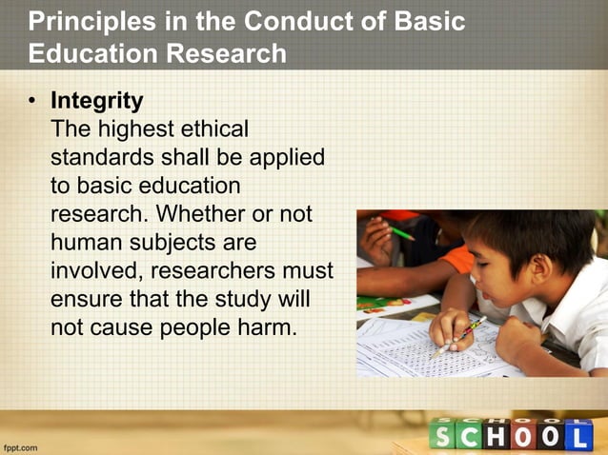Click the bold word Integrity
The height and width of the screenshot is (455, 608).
97,100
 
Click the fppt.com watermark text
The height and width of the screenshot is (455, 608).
22,445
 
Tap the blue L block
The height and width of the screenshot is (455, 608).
578,435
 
